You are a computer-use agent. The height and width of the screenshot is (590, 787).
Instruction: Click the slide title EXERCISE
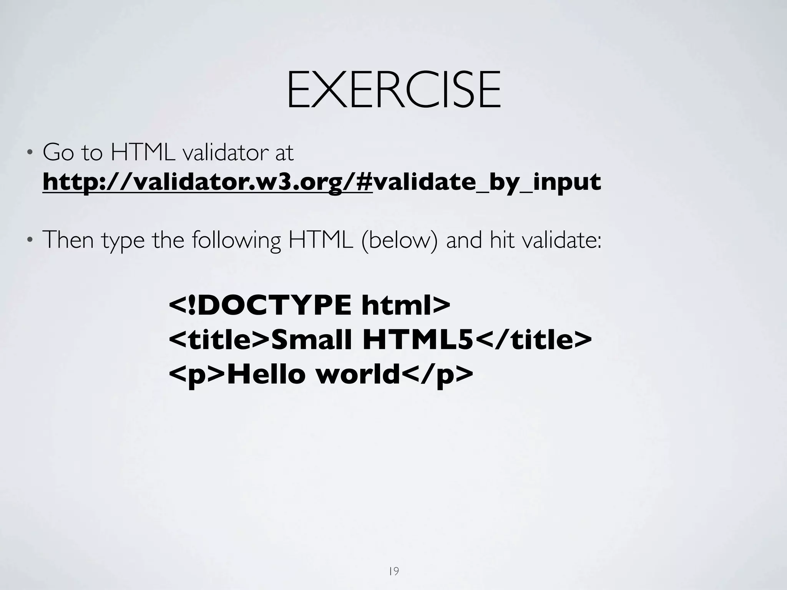pos(393,90)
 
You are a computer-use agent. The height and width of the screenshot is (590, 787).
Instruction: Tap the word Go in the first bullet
pos(58,152)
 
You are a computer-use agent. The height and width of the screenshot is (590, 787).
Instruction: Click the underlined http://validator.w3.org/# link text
pos(208,182)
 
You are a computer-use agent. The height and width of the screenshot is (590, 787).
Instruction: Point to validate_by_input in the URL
pos(486,182)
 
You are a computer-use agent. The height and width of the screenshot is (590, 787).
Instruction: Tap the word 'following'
pos(236,240)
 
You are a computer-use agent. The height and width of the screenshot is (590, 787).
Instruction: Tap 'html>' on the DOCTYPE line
pos(405,306)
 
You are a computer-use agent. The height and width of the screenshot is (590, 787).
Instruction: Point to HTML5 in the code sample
pos(418,340)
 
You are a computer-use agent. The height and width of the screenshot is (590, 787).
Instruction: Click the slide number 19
pos(394,561)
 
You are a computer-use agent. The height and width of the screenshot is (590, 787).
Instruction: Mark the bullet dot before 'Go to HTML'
pos(29,154)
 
